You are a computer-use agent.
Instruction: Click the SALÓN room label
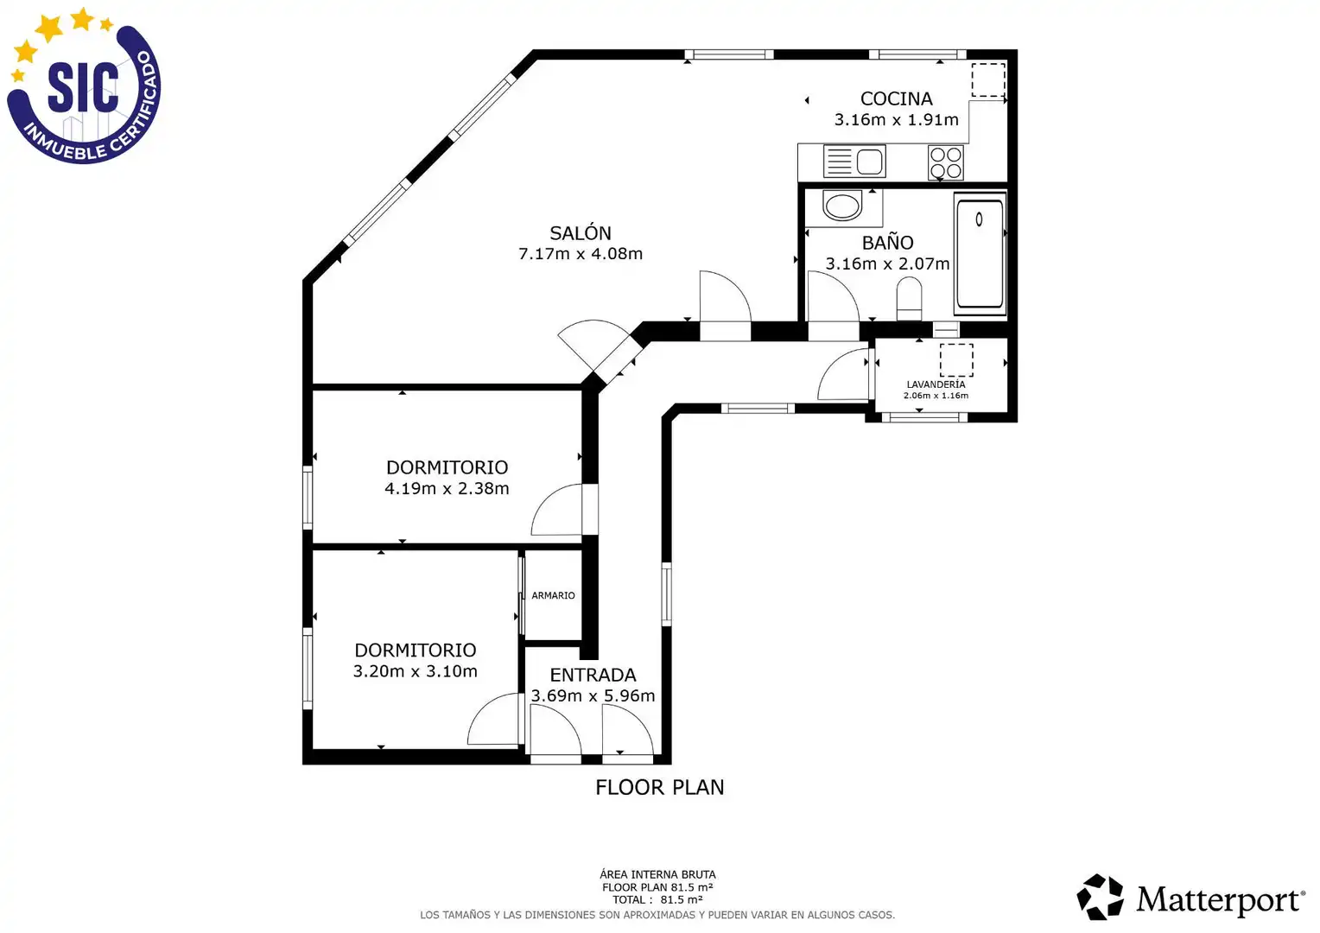[x=581, y=233]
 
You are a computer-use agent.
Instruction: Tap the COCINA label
[x=897, y=98]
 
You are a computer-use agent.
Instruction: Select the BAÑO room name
[x=887, y=242]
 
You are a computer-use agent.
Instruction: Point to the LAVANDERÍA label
[x=936, y=384]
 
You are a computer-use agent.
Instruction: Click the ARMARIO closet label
[x=553, y=595]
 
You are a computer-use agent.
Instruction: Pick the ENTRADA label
[x=593, y=675]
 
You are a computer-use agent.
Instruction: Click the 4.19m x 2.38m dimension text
[x=447, y=489]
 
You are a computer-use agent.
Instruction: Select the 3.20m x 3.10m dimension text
[x=415, y=671]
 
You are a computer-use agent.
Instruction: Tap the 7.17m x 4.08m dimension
[x=581, y=254]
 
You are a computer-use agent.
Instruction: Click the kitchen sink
[x=854, y=162]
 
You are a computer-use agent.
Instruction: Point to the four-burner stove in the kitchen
[x=945, y=162]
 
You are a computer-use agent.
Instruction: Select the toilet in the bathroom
[x=910, y=298]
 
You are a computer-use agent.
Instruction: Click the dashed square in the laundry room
[x=956, y=360]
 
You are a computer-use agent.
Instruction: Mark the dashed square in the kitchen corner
[x=988, y=80]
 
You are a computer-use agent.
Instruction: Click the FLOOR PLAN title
[x=659, y=787]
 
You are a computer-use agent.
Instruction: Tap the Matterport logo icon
[x=1100, y=897]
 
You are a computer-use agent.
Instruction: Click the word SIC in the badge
[x=83, y=87]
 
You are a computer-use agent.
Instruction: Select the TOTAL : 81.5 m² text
[x=657, y=900]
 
